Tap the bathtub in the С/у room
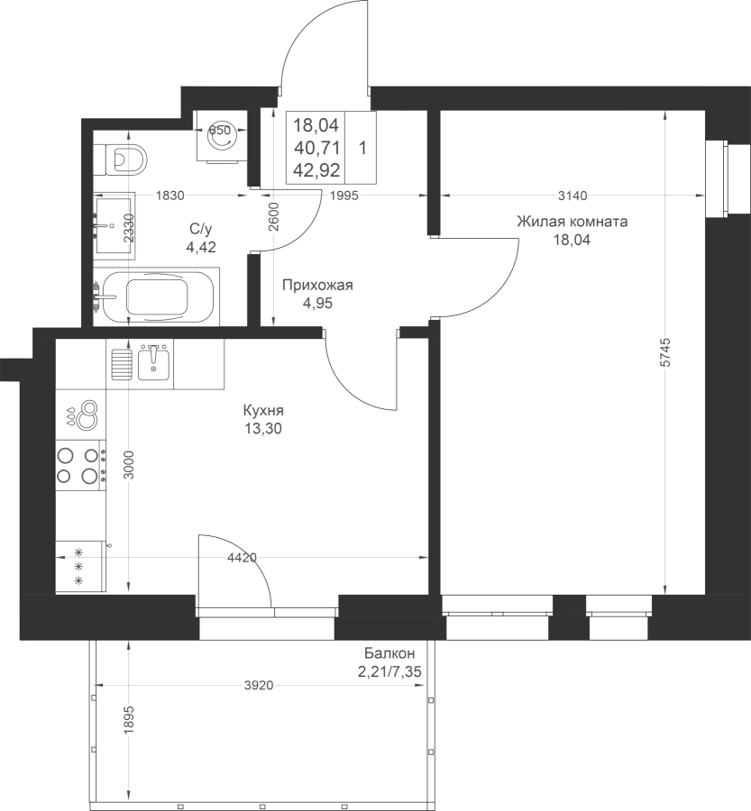pyautogui.click(x=156, y=296)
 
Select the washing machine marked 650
pyautogui.click(x=219, y=137)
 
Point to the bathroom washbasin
pyautogui.click(x=114, y=225)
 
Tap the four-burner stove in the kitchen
pyautogui.click(x=81, y=465)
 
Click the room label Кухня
pyautogui.click(x=263, y=411)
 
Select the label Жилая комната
pyautogui.click(x=572, y=222)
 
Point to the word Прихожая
pyautogui.click(x=317, y=285)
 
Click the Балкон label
pyautogui.click(x=389, y=652)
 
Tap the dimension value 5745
pyautogui.click(x=665, y=352)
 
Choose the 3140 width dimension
pyautogui.click(x=573, y=196)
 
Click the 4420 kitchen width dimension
pyautogui.click(x=243, y=558)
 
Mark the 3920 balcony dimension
pyautogui.click(x=259, y=686)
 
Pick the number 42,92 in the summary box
pyautogui.click(x=316, y=170)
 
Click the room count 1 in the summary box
pyautogui.click(x=362, y=149)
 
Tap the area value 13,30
pyautogui.click(x=263, y=429)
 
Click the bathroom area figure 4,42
pyautogui.click(x=201, y=247)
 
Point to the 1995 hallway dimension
pyautogui.click(x=343, y=196)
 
